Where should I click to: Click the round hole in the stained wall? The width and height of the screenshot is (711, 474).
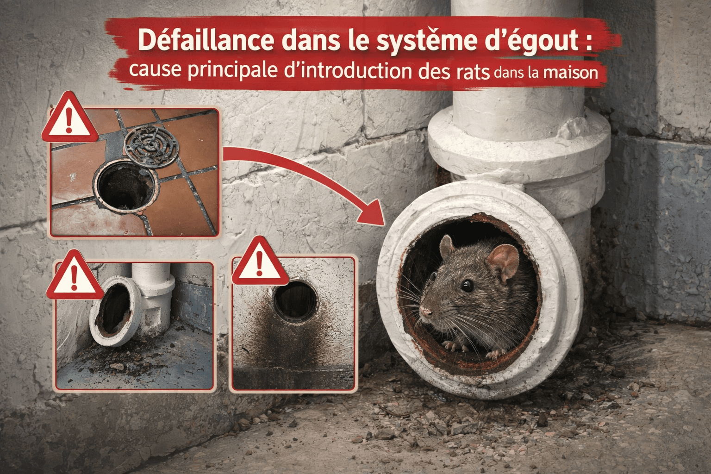coord(295,299)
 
